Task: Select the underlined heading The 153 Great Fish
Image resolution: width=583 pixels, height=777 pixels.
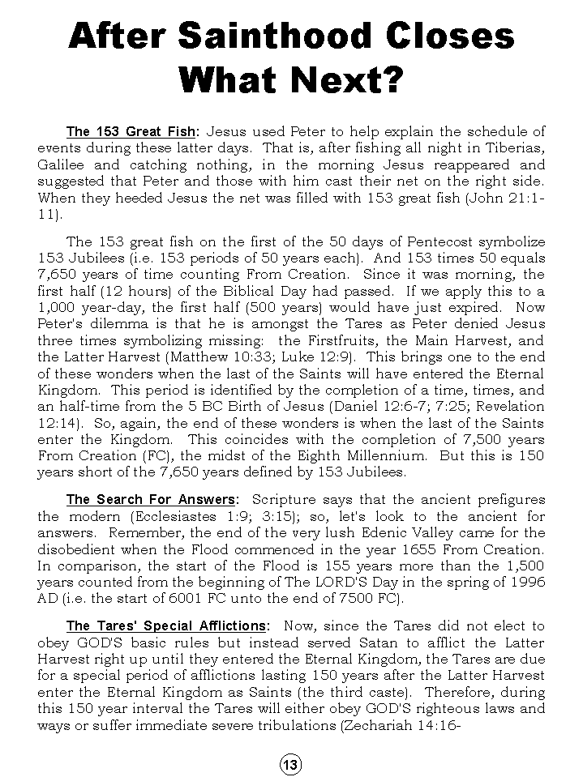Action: click(131, 131)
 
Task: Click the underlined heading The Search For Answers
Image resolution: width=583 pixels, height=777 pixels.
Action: click(152, 499)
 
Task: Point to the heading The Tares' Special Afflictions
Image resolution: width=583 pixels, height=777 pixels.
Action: click(166, 625)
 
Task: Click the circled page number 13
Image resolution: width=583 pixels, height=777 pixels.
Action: click(291, 764)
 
